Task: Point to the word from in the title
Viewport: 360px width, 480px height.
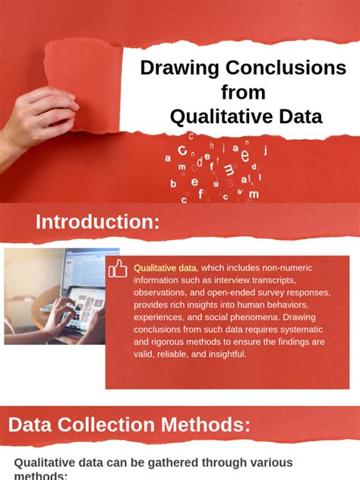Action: [243, 92]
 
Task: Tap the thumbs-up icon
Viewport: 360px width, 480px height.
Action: [118, 268]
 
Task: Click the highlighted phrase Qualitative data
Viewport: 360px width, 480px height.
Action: [166, 268]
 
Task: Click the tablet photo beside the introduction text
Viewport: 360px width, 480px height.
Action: [62, 296]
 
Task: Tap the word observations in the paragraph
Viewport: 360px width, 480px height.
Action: [161, 292]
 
